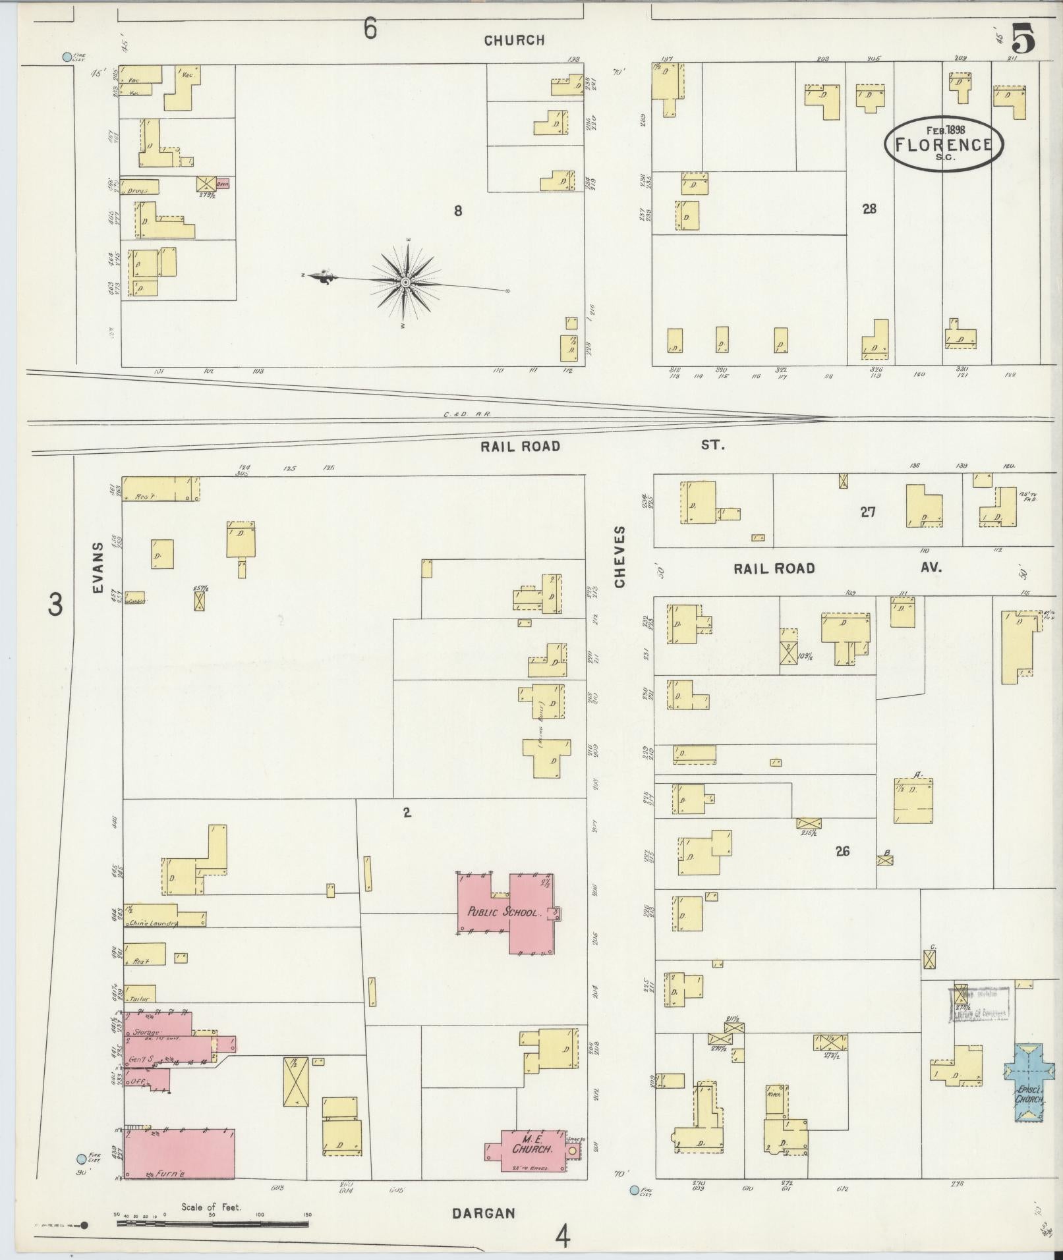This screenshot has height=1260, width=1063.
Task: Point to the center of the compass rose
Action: click(406, 282)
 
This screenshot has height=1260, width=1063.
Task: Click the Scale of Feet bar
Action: click(212, 1223)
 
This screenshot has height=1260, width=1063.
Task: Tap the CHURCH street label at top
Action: click(514, 41)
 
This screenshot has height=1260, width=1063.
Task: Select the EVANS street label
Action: click(99, 568)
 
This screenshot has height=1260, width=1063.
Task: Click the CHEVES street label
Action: click(619, 557)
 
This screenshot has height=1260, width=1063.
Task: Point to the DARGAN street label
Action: click(483, 1213)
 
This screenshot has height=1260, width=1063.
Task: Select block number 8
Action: click(457, 211)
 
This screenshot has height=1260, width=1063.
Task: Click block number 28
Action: click(869, 209)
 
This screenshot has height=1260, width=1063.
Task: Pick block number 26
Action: click(842, 851)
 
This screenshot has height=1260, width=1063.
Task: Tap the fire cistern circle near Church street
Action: click(67, 57)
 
